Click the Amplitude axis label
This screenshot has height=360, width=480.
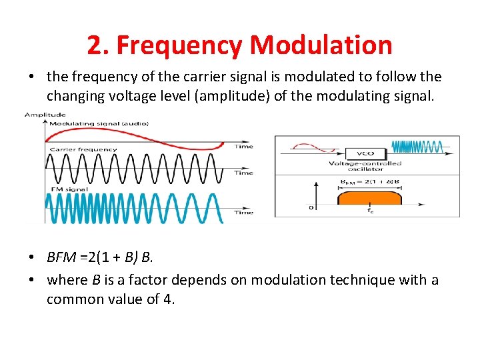[45, 115]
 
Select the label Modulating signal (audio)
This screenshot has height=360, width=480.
[99, 123]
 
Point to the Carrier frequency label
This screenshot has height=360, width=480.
[83, 149]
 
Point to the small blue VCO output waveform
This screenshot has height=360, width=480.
[416, 147]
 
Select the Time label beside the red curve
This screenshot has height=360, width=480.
[245, 146]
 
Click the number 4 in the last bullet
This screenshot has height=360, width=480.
[168, 299]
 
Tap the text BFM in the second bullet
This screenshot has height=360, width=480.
[61, 257]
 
